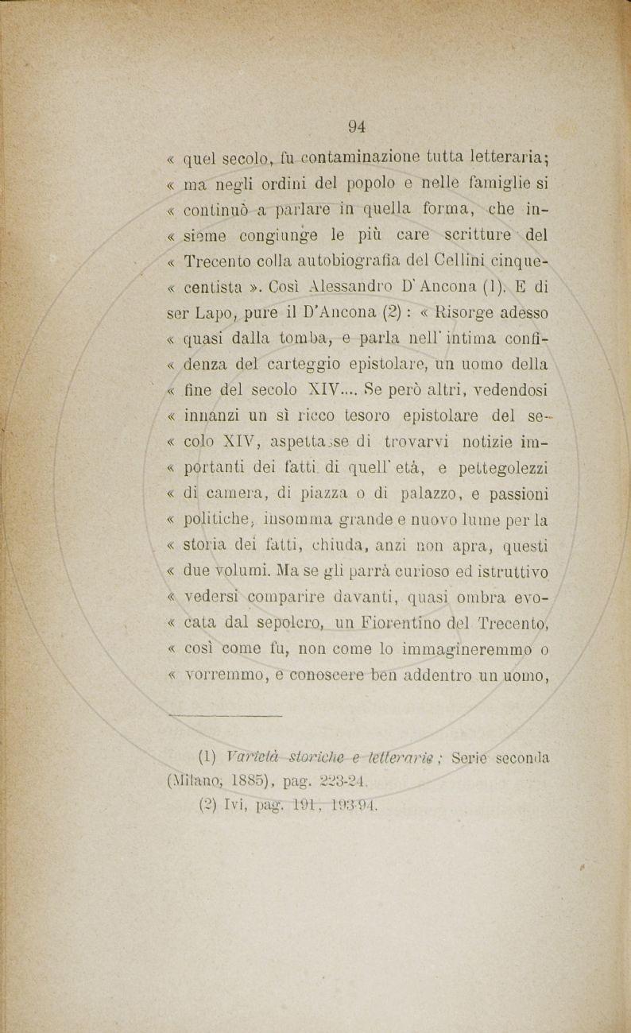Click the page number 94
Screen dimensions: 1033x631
[356, 124]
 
